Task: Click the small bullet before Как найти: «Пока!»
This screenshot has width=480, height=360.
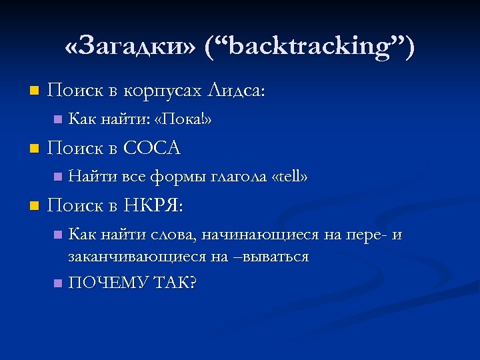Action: (57, 120)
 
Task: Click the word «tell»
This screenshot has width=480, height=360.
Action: (290, 177)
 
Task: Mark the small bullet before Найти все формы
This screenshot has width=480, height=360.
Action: (57, 177)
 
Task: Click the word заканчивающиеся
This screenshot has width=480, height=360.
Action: (137, 256)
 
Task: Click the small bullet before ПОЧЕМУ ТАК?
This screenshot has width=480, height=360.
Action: (57, 283)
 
